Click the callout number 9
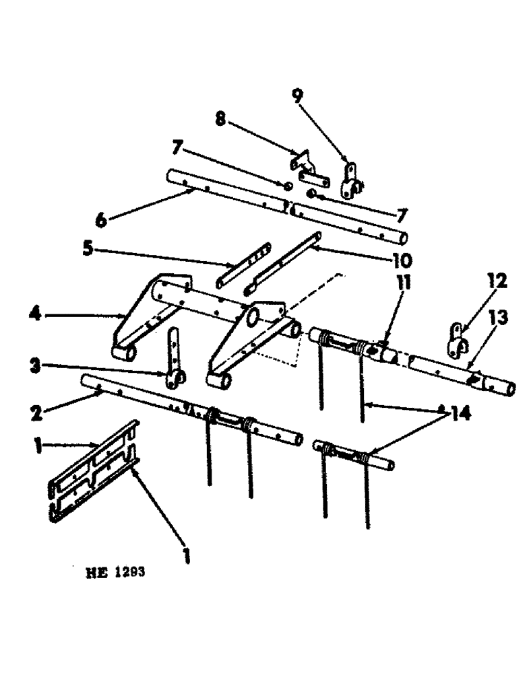tap(296, 96)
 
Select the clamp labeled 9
tap(351, 180)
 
